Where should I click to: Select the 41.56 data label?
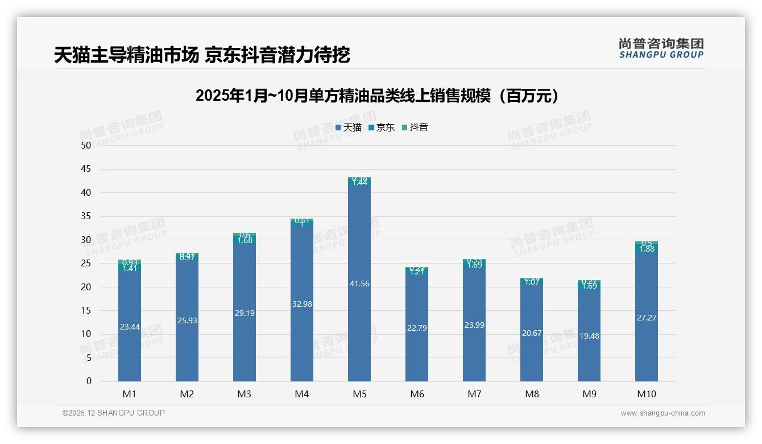[x=359, y=283]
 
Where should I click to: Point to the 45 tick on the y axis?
[x=86, y=169]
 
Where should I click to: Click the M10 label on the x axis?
[x=646, y=394]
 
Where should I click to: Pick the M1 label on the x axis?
[x=129, y=394]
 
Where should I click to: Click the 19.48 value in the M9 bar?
[x=589, y=336]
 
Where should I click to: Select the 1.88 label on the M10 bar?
[x=646, y=249]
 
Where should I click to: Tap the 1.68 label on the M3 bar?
[x=245, y=240]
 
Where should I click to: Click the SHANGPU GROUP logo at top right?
[x=661, y=48]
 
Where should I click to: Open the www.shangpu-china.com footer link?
[x=662, y=413]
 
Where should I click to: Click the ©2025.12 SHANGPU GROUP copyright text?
[x=114, y=413]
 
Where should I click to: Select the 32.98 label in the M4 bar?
[x=301, y=304]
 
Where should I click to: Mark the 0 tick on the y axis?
[x=89, y=381]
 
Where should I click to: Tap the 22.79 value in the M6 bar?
[x=416, y=328]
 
